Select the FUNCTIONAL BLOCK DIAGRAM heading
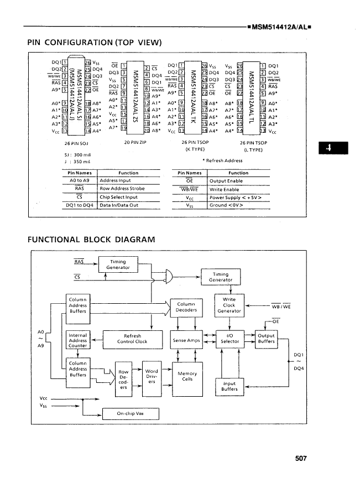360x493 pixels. click(x=91, y=239)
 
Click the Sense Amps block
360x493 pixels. click(x=186, y=341)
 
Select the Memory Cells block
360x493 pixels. click(x=187, y=377)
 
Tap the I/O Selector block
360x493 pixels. click(x=229, y=339)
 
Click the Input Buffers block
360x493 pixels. click(x=229, y=386)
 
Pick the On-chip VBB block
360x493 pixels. click(x=131, y=414)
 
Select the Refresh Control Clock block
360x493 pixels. click(x=132, y=339)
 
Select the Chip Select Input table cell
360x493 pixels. click(x=118, y=196)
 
